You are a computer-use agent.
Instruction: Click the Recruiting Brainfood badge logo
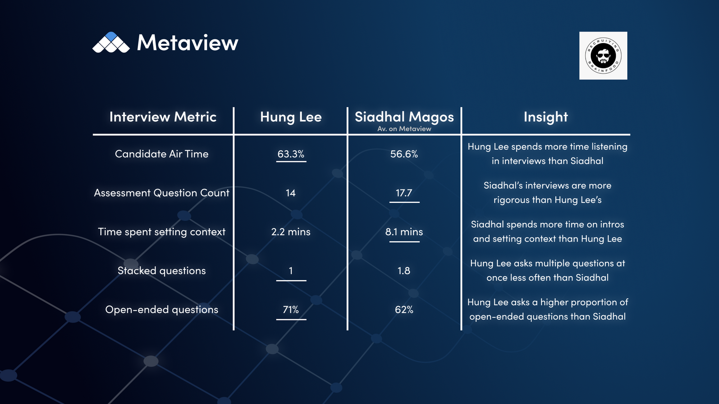(x=603, y=56)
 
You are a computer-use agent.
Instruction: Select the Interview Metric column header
(x=163, y=117)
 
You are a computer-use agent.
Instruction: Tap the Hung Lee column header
(x=291, y=117)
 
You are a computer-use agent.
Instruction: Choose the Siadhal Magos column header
(x=404, y=117)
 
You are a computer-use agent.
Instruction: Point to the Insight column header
(x=546, y=117)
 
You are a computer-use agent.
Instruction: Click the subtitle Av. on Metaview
(x=404, y=129)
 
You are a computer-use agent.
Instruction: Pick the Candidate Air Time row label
(x=162, y=154)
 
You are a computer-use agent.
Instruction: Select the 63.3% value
(x=291, y=154)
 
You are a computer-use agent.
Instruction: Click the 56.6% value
(x=404, y=154)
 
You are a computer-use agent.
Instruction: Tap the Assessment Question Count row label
(x=162, y=193)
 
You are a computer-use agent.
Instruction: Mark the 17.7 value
(x=404, y=193)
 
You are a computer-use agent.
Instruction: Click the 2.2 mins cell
(x=291, y=232)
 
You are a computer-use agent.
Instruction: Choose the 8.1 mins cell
(x=404, y=232)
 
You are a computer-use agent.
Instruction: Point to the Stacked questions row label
(x=162, y=271)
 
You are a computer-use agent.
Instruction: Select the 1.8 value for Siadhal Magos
(x=404, y=271)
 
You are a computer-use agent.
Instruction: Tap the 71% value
(x=291, y=310)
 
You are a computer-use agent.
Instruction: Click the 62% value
(x=404, y=310)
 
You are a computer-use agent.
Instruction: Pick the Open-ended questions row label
(x=162, y=310)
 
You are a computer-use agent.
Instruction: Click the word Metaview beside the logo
(x=188, y=43)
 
